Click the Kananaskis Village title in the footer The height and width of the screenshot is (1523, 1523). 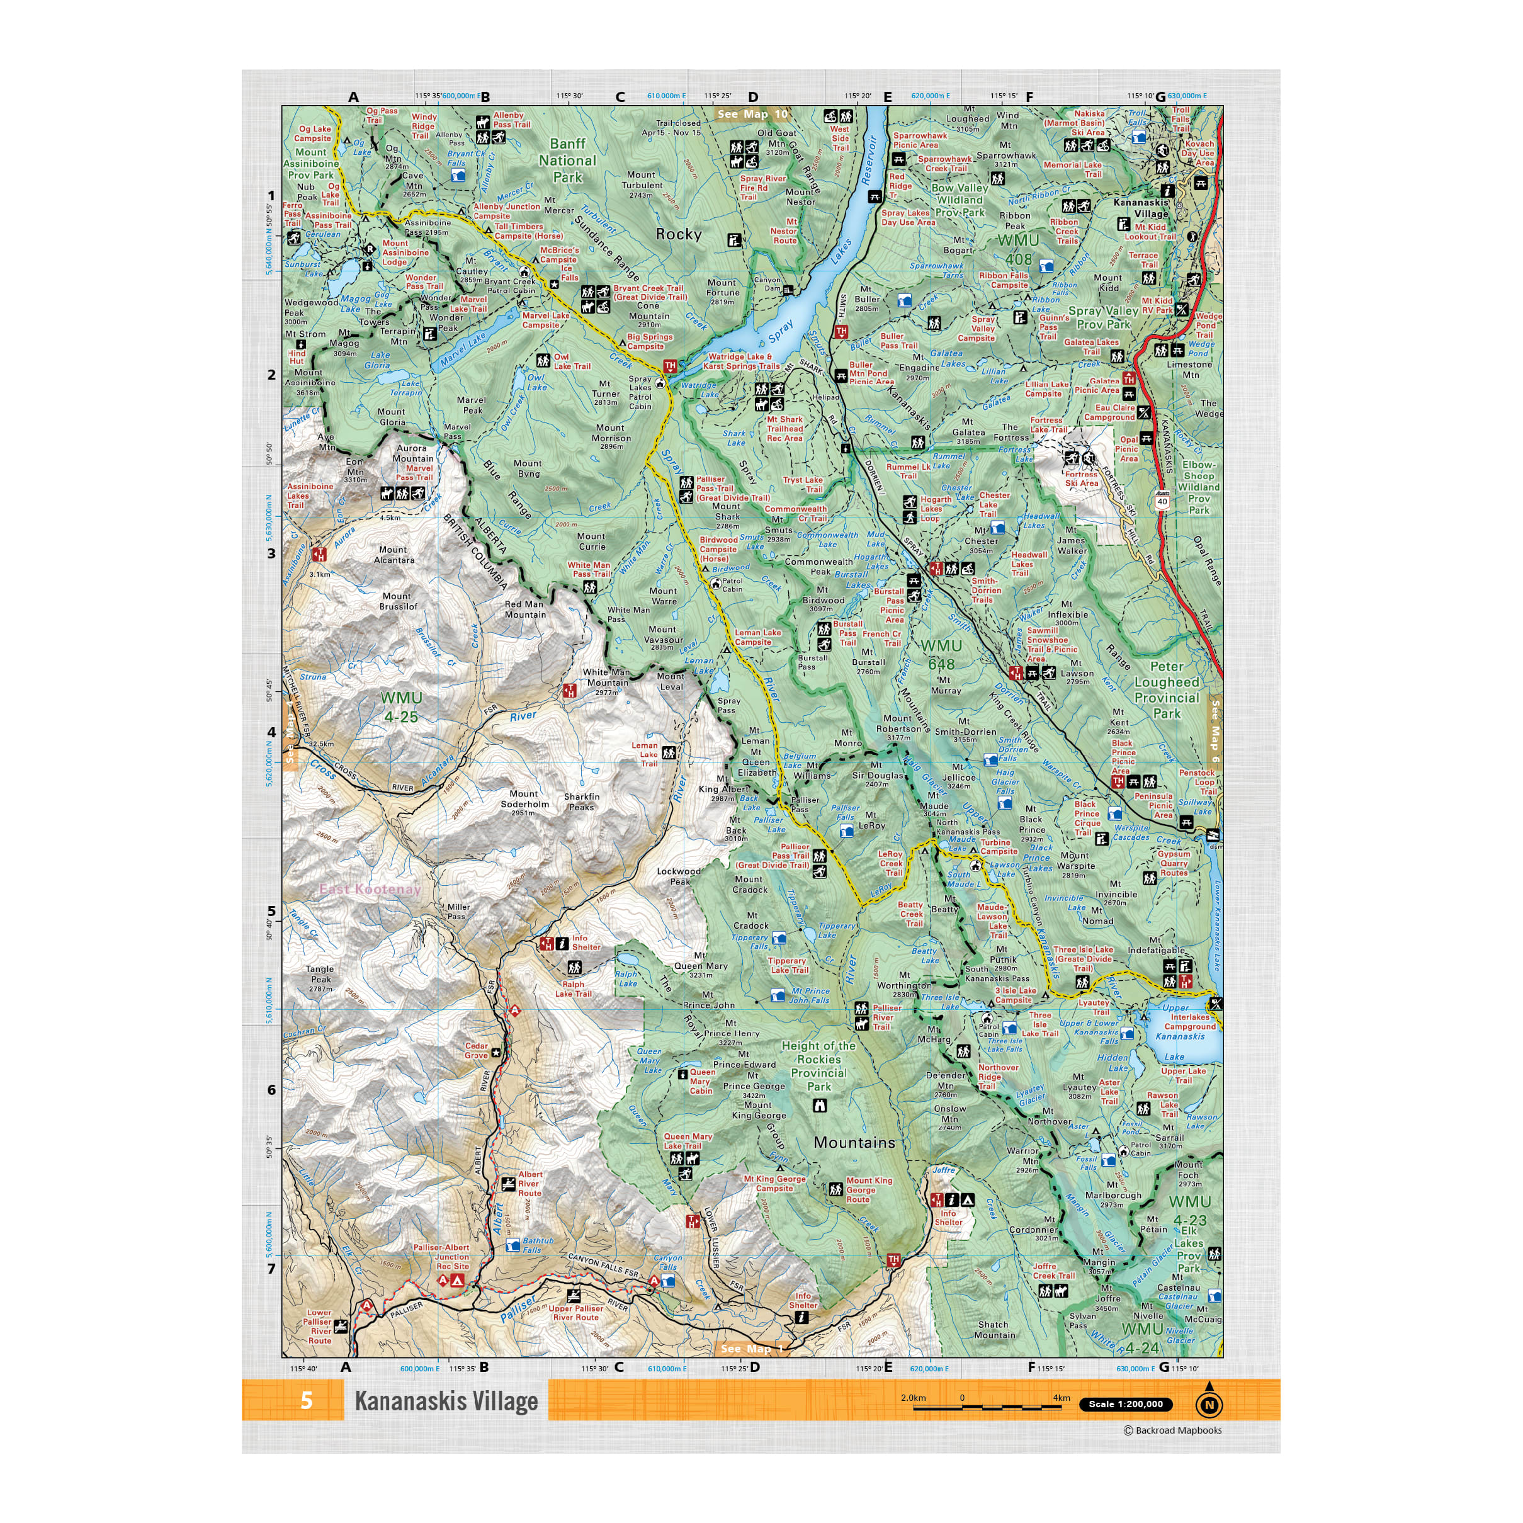tap(446, 1401)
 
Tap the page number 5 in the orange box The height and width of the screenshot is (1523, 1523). tap(307, 1401)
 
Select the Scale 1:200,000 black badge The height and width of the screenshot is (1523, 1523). tap(1125, 1404)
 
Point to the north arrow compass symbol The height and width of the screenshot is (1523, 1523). tap(1209, 1404)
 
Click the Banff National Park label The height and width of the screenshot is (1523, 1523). tap(567, 160)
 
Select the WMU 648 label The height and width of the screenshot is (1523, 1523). tap(941, 654)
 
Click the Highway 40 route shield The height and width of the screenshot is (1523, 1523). tap(1162, 501)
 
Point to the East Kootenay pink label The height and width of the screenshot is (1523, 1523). tap(370, 889)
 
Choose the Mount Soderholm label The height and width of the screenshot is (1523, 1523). tap(524, 803)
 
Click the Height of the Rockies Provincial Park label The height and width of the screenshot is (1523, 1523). tap(819, 1066)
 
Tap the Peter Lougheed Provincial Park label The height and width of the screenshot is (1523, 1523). tap(1167, 690)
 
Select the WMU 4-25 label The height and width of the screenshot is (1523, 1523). tap(401, 707)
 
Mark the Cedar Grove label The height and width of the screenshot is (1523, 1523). tap(476, 1051)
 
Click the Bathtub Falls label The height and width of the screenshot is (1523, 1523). tap(538, 1245)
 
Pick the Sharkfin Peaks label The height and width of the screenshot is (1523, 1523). tap(582, 801)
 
